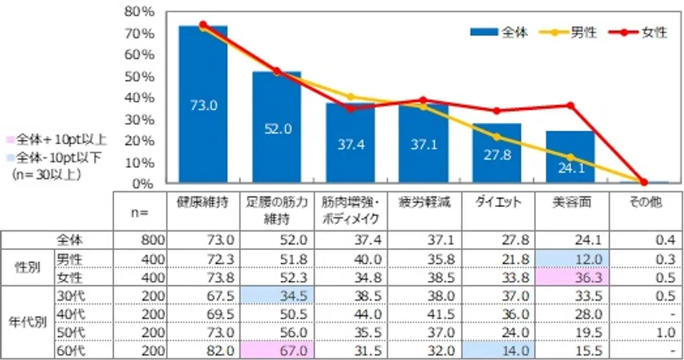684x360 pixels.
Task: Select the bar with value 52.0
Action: pos(276,127)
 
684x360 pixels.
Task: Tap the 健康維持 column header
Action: pos(202,202)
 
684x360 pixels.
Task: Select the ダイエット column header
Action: pos(497,202)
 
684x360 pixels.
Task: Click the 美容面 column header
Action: pos(570,202)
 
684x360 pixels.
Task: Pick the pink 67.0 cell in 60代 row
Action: pos(275,351)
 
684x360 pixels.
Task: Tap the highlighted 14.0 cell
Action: pos(497,351)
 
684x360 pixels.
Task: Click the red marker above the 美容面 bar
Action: pos(570,105)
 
